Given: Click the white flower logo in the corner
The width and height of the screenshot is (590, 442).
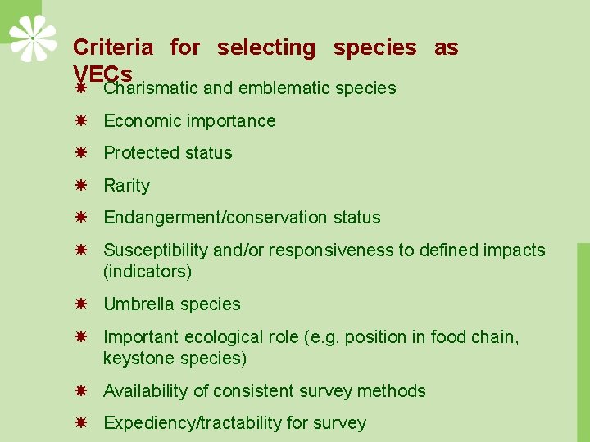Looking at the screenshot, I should click(33, 38).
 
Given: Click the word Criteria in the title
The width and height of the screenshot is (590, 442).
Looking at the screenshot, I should click(112, 48).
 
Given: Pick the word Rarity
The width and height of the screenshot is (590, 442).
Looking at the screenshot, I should click(126, 186).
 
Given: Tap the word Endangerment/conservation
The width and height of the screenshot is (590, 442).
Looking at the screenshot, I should click(216, 218).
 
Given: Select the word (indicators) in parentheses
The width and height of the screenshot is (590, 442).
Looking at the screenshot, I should click(147, 272).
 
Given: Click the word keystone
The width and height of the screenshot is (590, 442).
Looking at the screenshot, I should click(134, 359).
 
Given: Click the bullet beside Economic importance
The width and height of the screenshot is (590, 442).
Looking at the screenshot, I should click(81, 120).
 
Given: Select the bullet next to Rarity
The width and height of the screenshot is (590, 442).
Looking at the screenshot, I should click(81, 185).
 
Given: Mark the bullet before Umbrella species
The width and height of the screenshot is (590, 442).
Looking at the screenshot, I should click(81, 304).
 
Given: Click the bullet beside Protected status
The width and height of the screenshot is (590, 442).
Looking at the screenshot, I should click(81, 152).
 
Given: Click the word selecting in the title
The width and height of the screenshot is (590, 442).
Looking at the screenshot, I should click(266, 48).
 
